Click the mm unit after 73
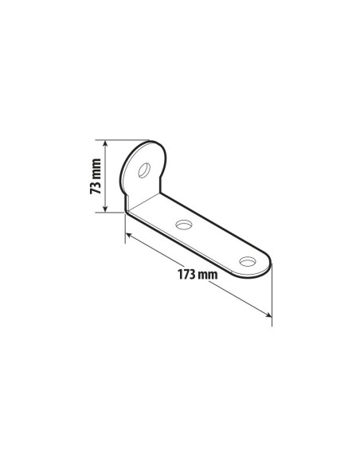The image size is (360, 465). (x=96, y=168)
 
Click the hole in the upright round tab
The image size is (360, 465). (x=145, y=170)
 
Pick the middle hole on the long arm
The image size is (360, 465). (x=184, y=225)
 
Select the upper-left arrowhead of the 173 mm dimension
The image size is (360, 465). (x=129, y=236)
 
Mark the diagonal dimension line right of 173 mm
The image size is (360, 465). (x=239, y=299)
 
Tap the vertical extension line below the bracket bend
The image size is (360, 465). (x=126, y=227)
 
